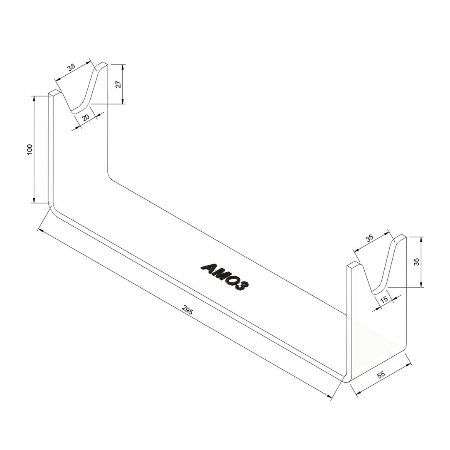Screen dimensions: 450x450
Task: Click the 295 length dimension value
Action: click(x=188, y=310)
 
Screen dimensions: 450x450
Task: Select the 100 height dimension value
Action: click(x=30, y=150)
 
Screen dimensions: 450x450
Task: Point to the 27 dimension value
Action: click(x=119, y=84)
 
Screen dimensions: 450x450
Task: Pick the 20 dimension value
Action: click(x=86, y=117)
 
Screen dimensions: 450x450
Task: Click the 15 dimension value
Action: click(x=384, y=299)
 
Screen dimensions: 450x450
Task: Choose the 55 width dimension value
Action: click(x=381, y=374)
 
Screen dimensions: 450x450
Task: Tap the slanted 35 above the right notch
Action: click(x=370, y=238)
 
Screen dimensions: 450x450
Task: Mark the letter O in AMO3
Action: click(x=232, y=280)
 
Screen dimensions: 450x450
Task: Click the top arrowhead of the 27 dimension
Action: click(x=123, y=67)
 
